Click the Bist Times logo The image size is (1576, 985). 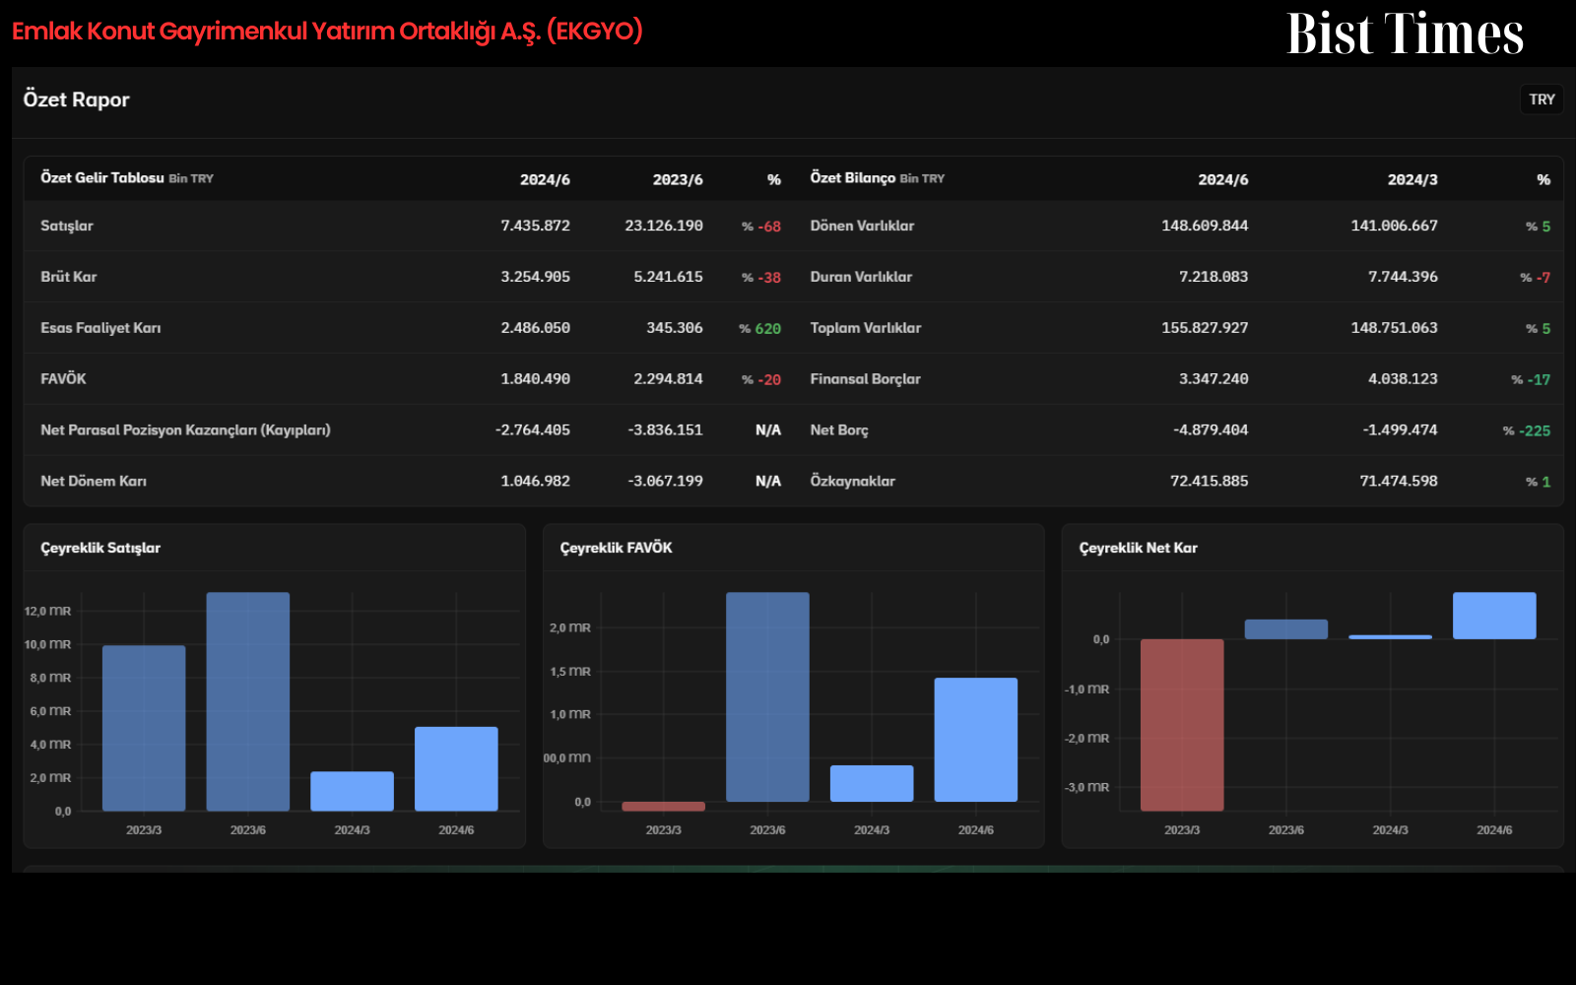pyautogui.click(x=1405, y=33)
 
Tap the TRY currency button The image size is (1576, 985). pyautogui.click(x=1542, y=99)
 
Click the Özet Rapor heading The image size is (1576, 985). pyautogui.click(x=76, y=99)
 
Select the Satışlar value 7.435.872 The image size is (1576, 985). pyautogui.click(x=535, y=226)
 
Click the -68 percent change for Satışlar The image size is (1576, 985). pyautogui.click(x=769, y=227)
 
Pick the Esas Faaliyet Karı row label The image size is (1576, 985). pyautogui.click(x=100, y=328)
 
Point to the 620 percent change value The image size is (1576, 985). pyautogui.click(x=767, y=329)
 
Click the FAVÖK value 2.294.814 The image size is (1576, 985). pyautogui.click(x=668, y=379)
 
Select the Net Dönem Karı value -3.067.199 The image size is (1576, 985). pyautogui.click(x=665, y=482)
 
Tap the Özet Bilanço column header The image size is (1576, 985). pyautogui.click(x=852, y=178)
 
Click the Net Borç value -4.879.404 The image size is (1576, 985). pyautogui.click(x=1211, y=429)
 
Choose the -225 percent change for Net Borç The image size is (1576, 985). pyautogui.click(x=1535, y=430)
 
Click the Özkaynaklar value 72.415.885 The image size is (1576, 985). pyautogui.click(x=1209, y=482)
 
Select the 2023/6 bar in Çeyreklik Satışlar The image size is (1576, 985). pyautogui.click(x=247, y=701)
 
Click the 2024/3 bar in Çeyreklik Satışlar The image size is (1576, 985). pyautogui.click(x=352, y=792)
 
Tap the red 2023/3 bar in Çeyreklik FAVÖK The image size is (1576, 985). pyautogui.click(x=664, y=807)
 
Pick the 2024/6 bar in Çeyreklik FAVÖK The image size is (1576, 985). pyautogui.click(x=976, y=740)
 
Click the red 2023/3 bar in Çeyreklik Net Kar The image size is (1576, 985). pyautogui.click(x=1182, y=725)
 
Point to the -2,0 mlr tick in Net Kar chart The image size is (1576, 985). pyautogui.click(x=1086, y=738)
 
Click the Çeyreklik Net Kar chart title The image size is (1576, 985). pyautogui.click(x=1138, y=548)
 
